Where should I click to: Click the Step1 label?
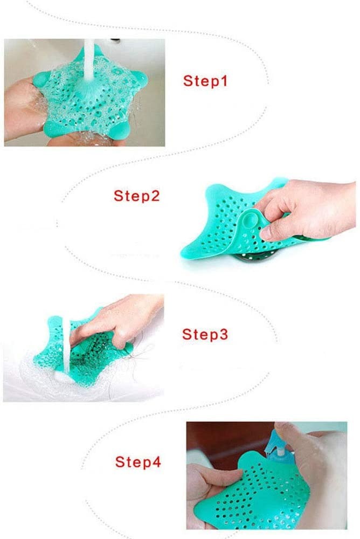(x=205, y=81)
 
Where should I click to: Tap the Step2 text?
(x=136, y=196)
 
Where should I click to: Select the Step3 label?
(x=205, y=334)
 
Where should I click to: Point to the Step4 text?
(x=138, y=462)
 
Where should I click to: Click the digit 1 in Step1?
(x=224, y=81)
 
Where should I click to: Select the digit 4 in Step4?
(x=156, y=462)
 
